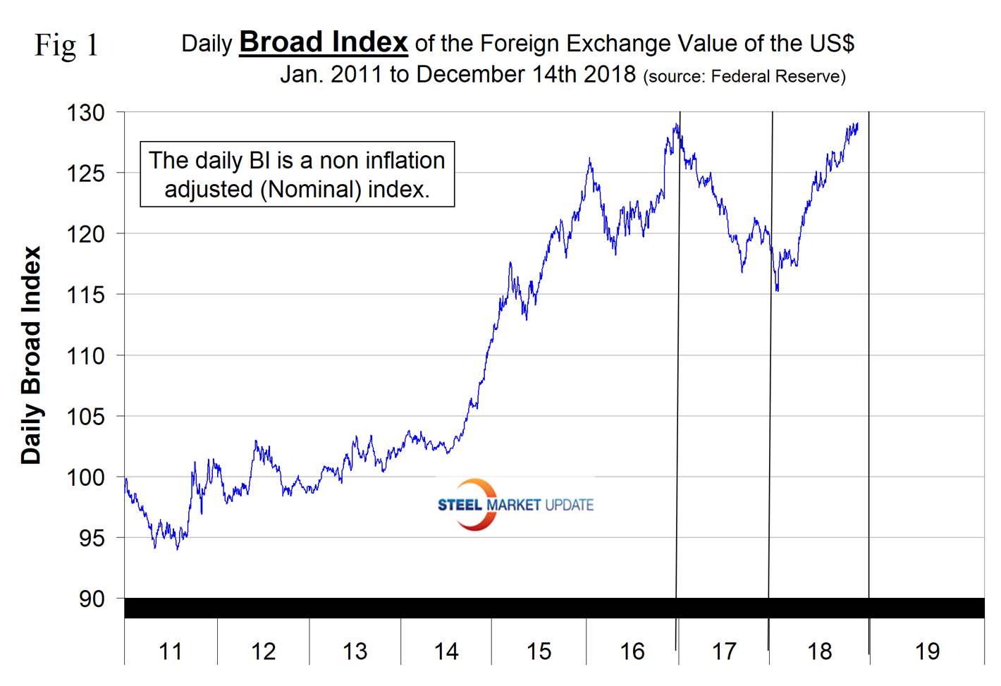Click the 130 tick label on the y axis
[x=86, y=113]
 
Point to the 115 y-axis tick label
[x=86, y=295]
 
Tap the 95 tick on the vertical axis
[x=92, y=539]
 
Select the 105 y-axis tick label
[x=86, y=417]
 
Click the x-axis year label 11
[x=170, y=651]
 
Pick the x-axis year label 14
[x=446, y=651]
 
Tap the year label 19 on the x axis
[x=927, y=651]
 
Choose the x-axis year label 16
[x=632, y=651]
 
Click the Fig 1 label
[x=66, y=46]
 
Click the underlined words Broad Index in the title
[x=324, y=42]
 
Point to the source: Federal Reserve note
[x=744, y=76]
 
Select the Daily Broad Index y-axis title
[x=31, y=355]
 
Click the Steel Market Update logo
[x=515, y=505]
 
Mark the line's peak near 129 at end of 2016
[x=676, y=125]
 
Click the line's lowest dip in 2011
[x=155, y=548]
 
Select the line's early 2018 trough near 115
[x=777, y=290]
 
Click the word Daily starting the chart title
[x=207, y=44]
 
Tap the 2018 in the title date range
[x=610, y=74]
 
